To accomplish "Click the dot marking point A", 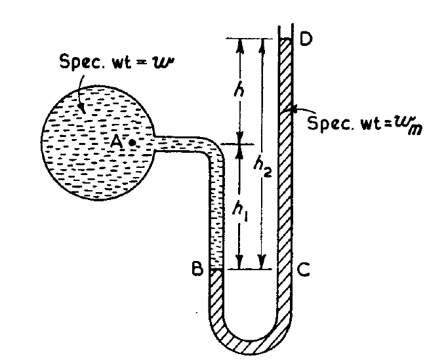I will tap(133, 142).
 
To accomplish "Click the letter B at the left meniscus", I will tap(196, 269).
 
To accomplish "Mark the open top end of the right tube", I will tap(285, 30).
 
